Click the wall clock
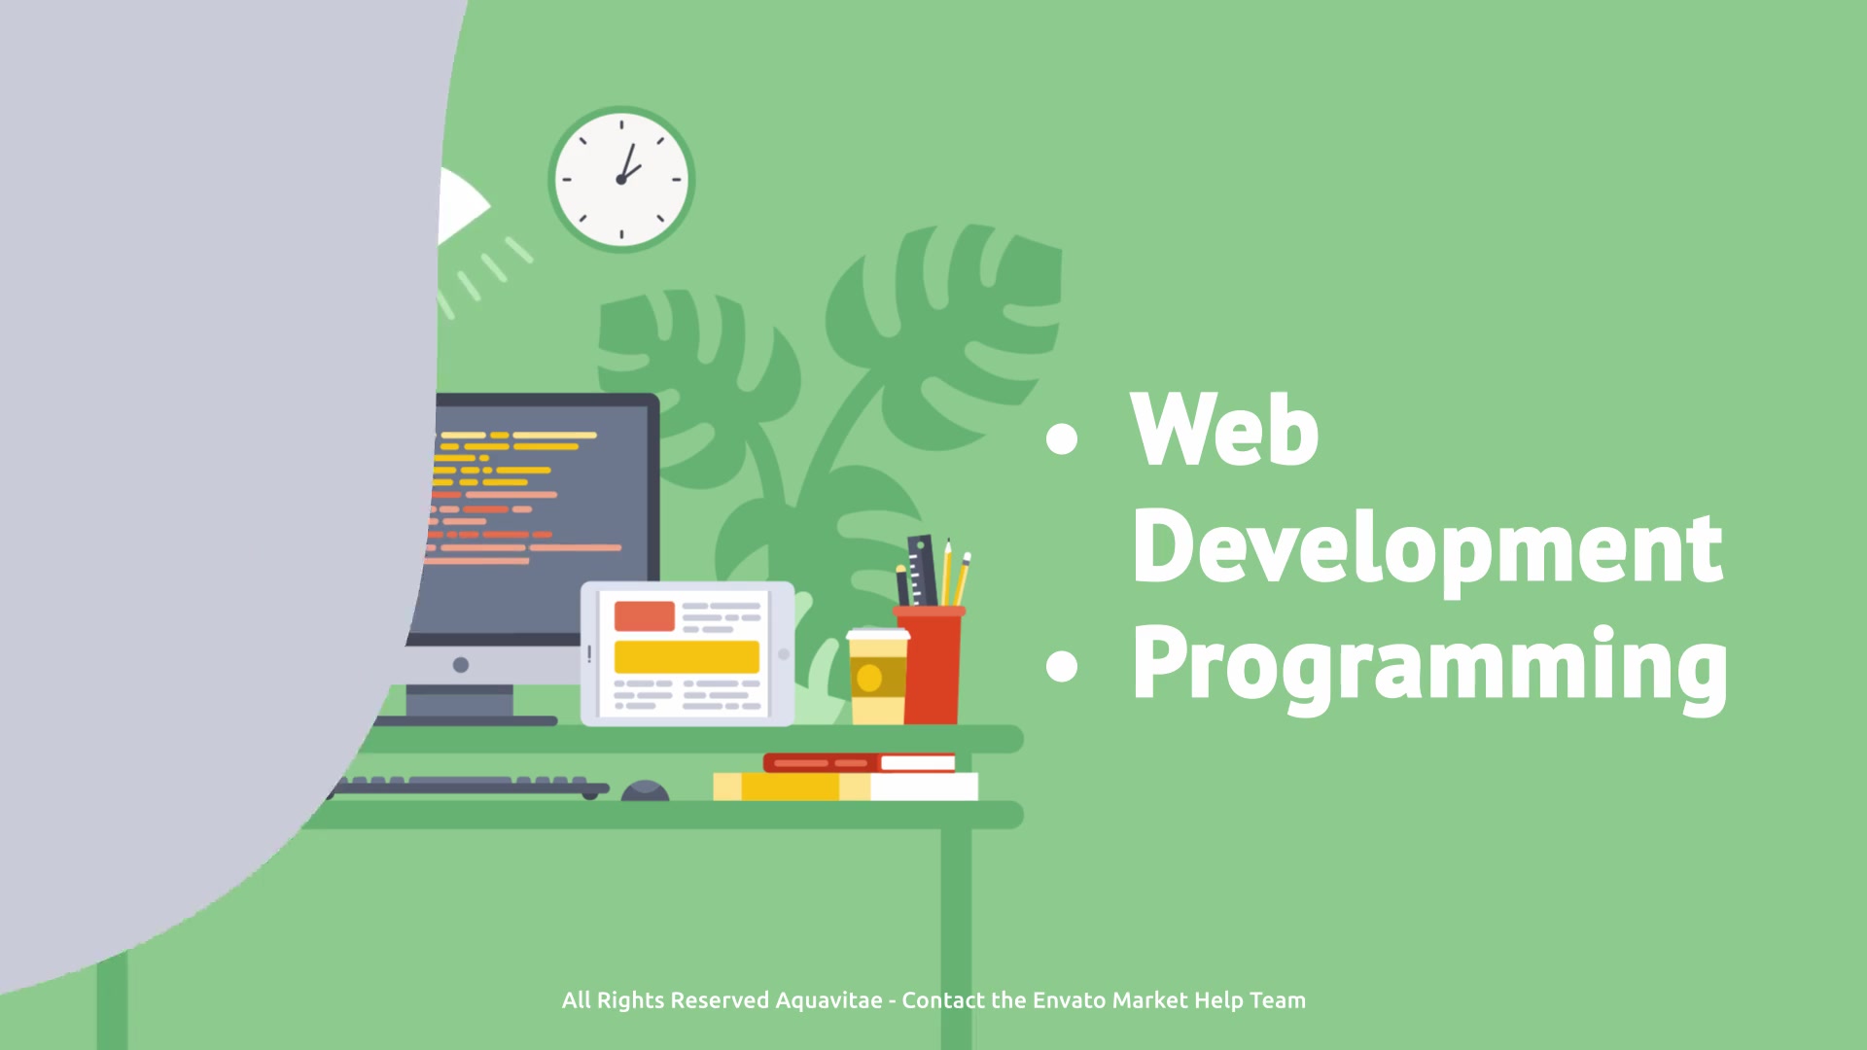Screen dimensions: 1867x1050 (x=621, y=180)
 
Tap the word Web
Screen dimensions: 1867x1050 (x=1225, y=429)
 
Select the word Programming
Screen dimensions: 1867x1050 (x=1430, y=665)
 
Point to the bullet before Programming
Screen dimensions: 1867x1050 (x=1062, y=666)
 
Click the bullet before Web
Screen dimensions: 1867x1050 (x=1062, y=438)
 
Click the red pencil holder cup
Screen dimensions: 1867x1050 (x=930, y=665)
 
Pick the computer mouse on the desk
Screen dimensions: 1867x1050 (x=645, y=790)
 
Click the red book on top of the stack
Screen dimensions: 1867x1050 (x=860, y=763)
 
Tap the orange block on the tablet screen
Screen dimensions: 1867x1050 (x=644, y=615)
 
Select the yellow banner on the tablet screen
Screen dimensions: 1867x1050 (x=687, y=657)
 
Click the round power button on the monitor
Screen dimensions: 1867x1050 (x=461, y=665)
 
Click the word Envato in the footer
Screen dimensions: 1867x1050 (x=1069, y=1000)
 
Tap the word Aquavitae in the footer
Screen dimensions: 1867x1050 (x=828, y=1001)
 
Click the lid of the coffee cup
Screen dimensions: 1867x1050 (x=878, y=635)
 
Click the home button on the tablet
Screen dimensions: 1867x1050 (x=784, y=654)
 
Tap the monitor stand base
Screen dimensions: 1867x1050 (x=462, y=721)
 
